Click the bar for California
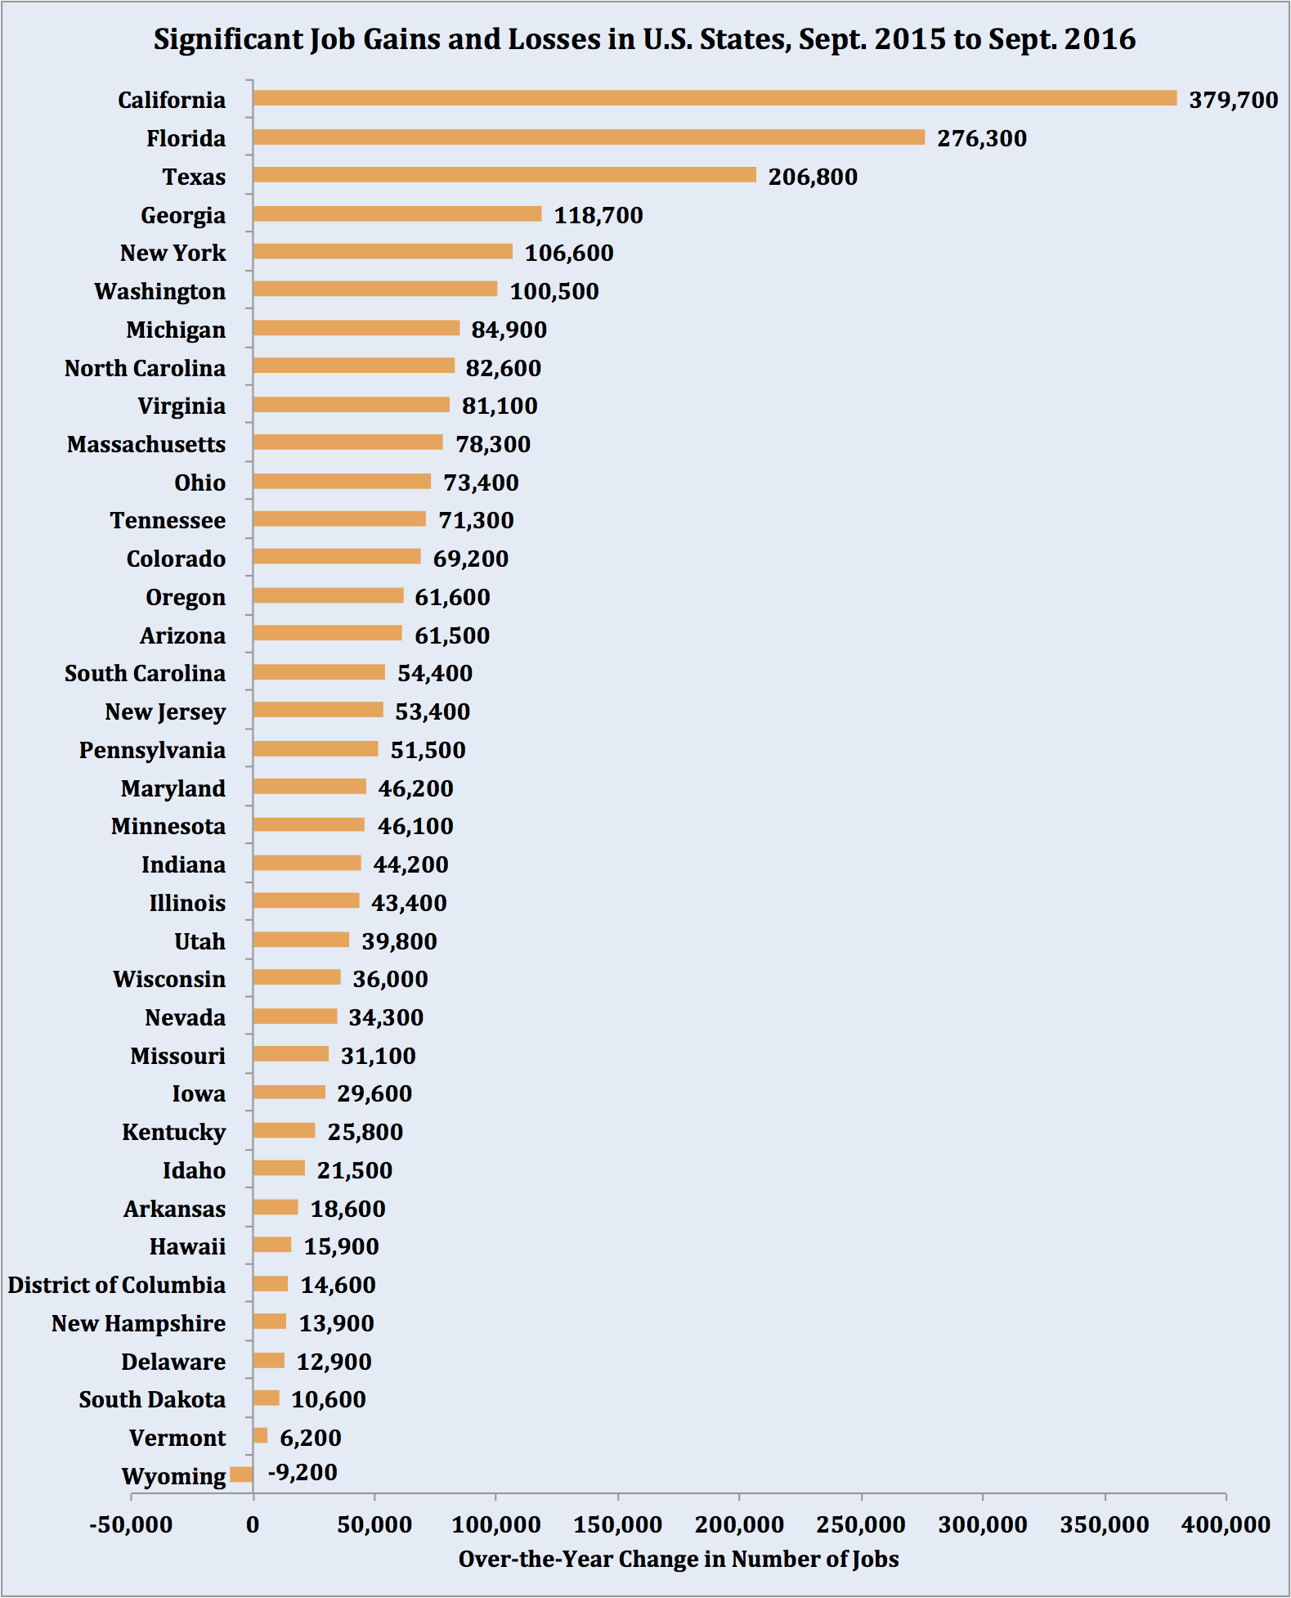(x=715, y=98)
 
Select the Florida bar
(x=589, y=137)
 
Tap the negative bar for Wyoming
(x=241, y=1475)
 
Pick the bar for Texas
(x=504, y=175)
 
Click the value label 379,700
(x=1233, y=100)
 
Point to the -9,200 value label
(x=303, y=1472)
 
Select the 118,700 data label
(x=598, y=215)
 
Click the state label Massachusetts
(x=146, y=444)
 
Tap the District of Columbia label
(x=117, y=1285)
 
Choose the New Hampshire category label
(x=139, y=1323)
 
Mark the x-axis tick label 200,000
(x=739, y=1524)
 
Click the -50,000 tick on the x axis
(x=131, y=1524)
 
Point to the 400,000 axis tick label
(x=1226, y=1524)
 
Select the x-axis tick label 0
(x=253, y=1524)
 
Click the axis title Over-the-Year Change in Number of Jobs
(x=679, y=1559)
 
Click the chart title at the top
(x=644, y=39)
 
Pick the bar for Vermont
(x=260, y=1435)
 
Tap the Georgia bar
(x=397, y=213)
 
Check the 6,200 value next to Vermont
(x=311, y=1438)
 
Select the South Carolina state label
(x=146, y=673)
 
